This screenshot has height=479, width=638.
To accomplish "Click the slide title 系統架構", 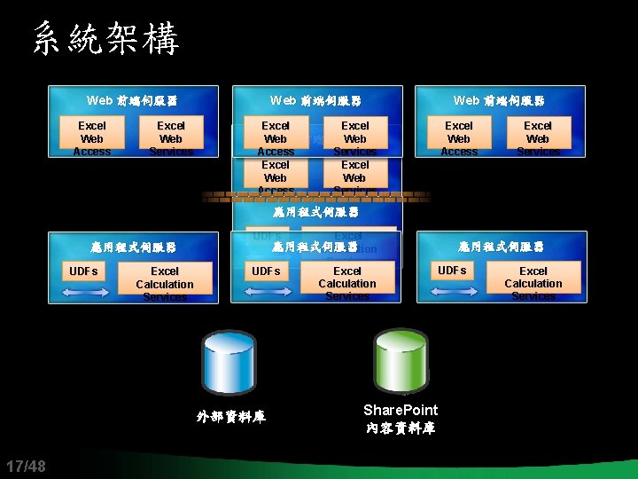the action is pos(106,39).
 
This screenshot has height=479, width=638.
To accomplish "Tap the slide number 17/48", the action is pos(26,467).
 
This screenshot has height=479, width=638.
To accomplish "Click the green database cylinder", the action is pos(401,362).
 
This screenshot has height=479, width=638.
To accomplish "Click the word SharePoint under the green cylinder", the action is pos(401,410).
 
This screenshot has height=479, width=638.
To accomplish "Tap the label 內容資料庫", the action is pos(401,428).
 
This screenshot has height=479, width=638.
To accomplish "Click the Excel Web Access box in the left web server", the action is pos(92,137).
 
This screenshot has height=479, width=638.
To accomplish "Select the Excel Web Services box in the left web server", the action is pos(171,137).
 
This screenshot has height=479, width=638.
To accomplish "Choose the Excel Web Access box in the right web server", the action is pos(459,137).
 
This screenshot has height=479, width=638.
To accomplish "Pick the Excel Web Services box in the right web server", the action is pos(538,137).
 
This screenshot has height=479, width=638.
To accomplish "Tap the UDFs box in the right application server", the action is pos(452,270).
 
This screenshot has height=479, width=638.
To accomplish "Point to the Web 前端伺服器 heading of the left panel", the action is pos(133,101).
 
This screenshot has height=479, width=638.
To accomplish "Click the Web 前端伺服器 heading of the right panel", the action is pos(499,101).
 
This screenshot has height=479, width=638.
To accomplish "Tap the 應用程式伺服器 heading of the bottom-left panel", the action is pos(134,247).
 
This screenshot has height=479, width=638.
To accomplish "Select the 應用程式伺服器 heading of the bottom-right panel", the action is pos(502,247).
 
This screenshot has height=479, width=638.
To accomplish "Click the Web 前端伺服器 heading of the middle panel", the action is pos(315,101).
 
